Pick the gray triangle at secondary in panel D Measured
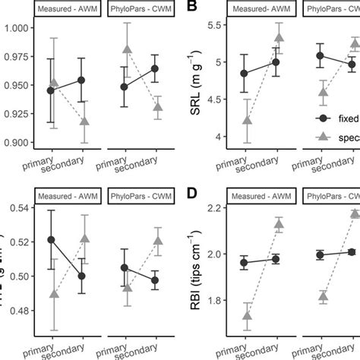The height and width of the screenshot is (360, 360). (x=278, y=223)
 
